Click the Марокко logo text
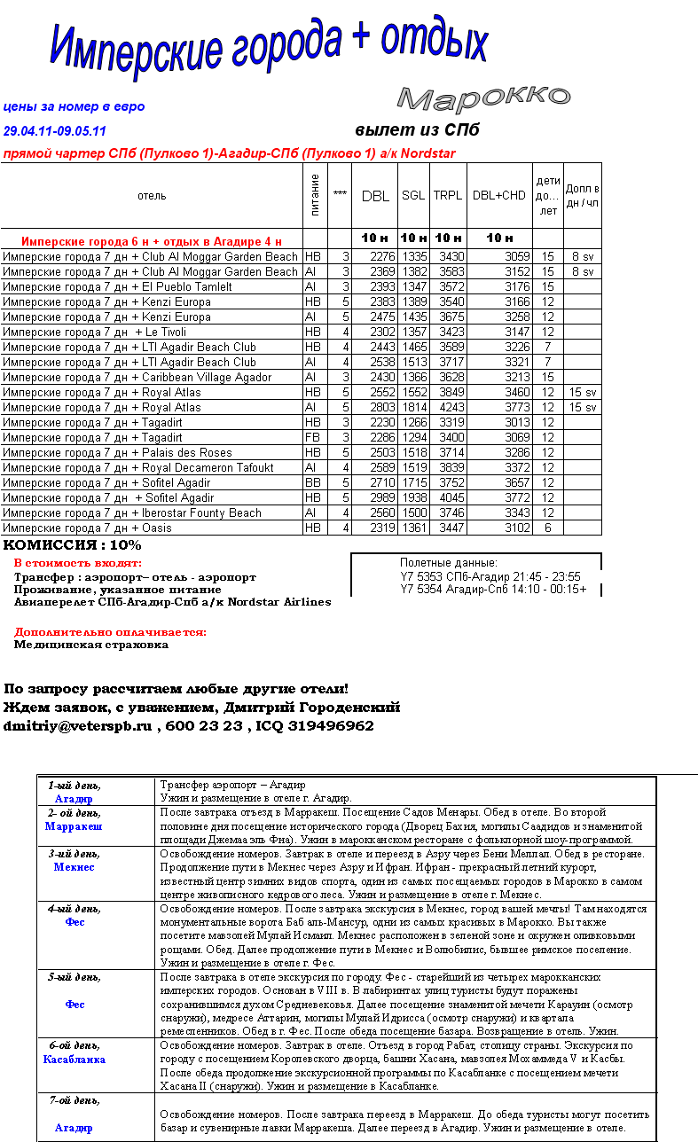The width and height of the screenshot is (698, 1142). coord(482,98)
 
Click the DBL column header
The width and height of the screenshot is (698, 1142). coord(375,196)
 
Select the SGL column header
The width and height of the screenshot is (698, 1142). coord(412,196)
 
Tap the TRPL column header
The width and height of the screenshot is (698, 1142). coord(448,196)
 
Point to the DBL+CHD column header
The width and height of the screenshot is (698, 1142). coord(498,196)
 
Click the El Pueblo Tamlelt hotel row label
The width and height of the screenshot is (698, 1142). coord(118,287)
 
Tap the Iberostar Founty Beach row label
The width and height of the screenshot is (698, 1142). coord(133,513)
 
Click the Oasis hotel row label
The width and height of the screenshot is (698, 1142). coord(88,528)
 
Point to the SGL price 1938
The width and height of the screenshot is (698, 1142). coord(414,498)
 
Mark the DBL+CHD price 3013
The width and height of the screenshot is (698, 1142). coord(517,423)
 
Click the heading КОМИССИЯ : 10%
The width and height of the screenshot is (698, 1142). coord(73,545)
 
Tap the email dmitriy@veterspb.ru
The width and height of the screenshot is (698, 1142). coord(78,726)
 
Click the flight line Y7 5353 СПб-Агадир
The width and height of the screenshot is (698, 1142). coord(490,575)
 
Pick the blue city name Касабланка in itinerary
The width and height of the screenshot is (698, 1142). coord(74,1060)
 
